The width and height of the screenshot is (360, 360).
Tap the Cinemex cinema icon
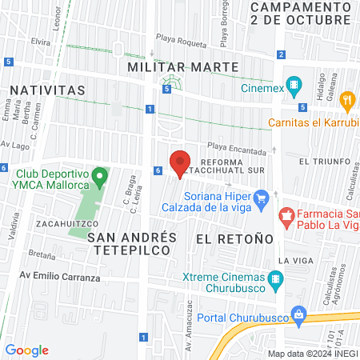pyautogui.click(x=294, y=83)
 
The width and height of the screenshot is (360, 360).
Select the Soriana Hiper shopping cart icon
pyautogui.click(x=261, y=197)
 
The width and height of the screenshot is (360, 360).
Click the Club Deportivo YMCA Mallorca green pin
pyautogui.click(x=99, y=174)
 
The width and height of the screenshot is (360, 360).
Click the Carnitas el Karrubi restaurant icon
pyautogui.click(x=346, y=101)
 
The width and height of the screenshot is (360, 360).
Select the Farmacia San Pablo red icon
pyautogui.click(x=285, y=214)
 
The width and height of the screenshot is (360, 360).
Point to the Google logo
pyautogui.click(x=26, y=350)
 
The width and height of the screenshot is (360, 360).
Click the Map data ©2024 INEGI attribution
pyautogui.click(x=312, y=354)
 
